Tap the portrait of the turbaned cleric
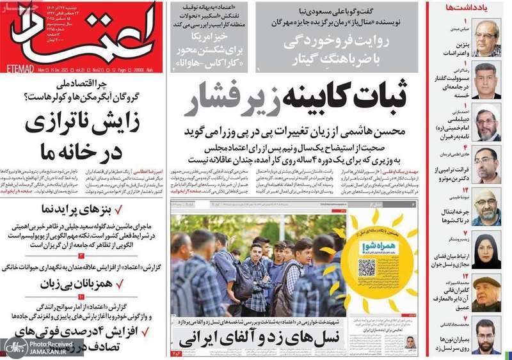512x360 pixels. (x=488, y=121)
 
